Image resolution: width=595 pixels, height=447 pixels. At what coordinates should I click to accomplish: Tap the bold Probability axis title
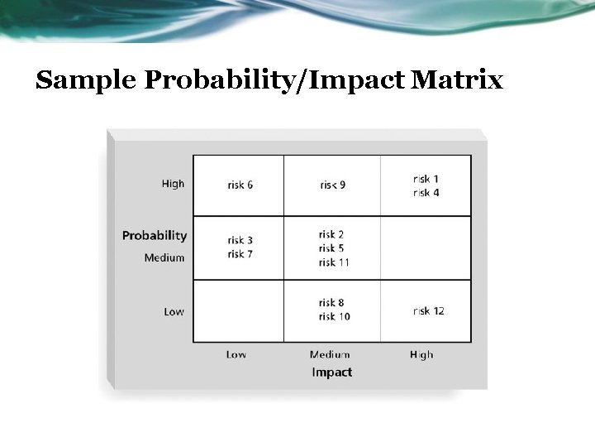point(155,236)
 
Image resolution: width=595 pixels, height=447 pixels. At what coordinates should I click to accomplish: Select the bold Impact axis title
point(331,372)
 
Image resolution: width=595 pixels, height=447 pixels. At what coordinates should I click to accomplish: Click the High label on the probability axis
point(173,184)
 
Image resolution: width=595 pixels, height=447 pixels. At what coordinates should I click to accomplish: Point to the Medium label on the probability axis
point(164,257)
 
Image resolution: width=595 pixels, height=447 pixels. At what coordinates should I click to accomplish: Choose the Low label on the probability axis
point(174,312)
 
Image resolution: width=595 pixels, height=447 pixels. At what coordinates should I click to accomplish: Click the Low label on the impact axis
point(236,354)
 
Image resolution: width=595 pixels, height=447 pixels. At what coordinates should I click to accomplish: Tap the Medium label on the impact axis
point(330,354)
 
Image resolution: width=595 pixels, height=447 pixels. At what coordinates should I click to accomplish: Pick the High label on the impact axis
point(421,354)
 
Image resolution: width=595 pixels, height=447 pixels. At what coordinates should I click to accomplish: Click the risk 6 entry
point(240,185)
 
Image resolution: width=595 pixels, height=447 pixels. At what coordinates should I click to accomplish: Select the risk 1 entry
point(426,178)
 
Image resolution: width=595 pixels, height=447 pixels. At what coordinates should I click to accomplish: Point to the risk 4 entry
point(426,192)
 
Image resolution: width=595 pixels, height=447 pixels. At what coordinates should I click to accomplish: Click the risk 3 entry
point(239,241)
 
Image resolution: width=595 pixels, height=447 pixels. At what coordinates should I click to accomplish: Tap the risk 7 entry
point(239,254)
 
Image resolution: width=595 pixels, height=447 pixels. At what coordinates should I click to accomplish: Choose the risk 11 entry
point(334,262)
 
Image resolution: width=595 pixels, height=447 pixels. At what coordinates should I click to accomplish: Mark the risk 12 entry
point(428,311)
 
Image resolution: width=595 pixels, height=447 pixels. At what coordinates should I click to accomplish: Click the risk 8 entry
point(331,303)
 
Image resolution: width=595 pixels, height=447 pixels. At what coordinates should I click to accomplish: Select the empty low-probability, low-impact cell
point(238,310)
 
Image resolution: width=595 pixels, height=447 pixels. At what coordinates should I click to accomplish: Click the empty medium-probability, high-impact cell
point(426,248)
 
